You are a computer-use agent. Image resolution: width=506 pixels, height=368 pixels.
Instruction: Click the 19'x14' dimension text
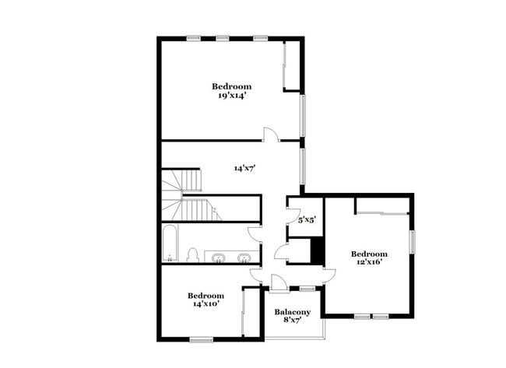pos(233,96)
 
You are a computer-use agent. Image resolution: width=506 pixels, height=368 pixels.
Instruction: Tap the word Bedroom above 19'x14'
pos(233,86)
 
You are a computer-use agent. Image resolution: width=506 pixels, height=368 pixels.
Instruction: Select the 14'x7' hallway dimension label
pos(245,167)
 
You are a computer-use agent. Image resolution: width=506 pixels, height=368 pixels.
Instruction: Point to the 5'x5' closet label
pos(306,220)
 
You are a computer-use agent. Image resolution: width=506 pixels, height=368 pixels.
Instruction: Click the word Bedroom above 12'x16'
pos(369,254)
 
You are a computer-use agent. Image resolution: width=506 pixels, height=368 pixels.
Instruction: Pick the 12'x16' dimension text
pos(369,264)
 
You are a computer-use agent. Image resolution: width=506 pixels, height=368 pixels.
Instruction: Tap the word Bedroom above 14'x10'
pos(206,296)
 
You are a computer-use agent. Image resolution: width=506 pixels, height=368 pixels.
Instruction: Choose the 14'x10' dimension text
pos(206,305)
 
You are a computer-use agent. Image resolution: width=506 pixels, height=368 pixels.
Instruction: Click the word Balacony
pos(293,313)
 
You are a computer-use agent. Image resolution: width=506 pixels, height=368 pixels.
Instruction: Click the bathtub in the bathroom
pos(170,244)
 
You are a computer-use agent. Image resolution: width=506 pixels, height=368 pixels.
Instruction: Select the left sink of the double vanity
pos(219,257)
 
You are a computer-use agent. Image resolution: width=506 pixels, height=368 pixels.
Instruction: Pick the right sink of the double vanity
pos(244,257)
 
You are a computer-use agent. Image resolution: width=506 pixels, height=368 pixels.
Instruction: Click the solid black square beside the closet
pos(317,249)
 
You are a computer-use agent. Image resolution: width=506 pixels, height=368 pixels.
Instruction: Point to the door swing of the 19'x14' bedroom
pos(269,135)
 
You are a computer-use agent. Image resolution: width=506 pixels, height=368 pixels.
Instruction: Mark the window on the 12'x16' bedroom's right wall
pos(414,240)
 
